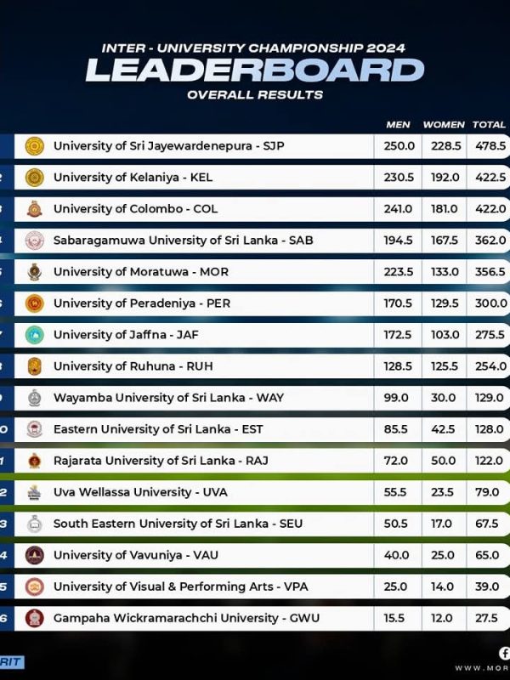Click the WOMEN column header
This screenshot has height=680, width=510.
442,125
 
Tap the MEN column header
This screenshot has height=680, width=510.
398,125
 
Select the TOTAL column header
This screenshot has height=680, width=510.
490,125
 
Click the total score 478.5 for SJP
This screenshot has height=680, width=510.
490,146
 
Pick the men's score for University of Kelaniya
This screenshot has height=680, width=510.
399,178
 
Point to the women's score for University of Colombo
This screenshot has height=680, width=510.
442,209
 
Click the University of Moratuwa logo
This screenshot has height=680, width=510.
35,272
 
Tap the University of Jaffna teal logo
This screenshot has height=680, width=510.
35,335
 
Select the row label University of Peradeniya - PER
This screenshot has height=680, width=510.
141,303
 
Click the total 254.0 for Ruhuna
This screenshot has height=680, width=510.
490,366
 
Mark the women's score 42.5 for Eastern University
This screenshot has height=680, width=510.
442,429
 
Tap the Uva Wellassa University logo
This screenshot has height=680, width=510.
35,492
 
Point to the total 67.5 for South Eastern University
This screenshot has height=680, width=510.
490,524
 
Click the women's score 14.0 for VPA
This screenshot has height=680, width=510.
442,586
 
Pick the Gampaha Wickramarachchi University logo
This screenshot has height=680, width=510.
35,618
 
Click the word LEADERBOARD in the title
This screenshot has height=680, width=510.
254,71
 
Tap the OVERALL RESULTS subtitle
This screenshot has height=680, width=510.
255,95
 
